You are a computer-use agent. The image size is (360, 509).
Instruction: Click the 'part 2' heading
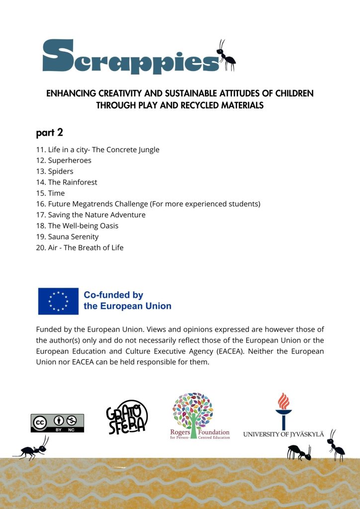pyautogui.click(x=49, y=133)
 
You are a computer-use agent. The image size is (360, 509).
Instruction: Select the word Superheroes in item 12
pyautogui.click(x=70, y=161)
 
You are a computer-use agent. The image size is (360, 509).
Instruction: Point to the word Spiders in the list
pyautogui.click(x=61, y=171)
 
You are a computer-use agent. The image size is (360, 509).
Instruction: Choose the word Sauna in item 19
pyautogui.click(x=59, y=237)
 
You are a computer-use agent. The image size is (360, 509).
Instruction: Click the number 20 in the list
pyautogui.click(x=41, y=248)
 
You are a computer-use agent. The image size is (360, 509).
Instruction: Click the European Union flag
pyautogui.click(x=58, y=301)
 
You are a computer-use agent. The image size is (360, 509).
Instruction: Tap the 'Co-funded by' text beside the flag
pyautogui.click(x=113, y=295)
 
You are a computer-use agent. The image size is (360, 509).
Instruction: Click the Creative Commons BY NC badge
pyautogui.click(x=57, y=423)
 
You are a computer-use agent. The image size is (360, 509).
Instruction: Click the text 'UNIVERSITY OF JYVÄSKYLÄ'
pyautogui.click(x=283, y=434)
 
